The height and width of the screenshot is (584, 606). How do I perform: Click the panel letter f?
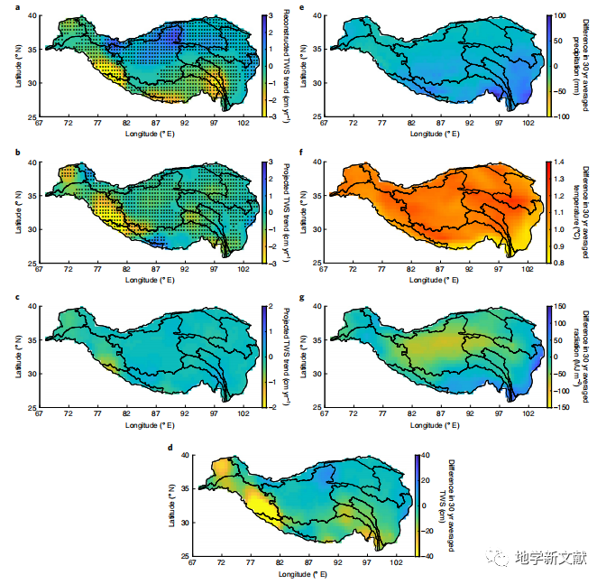302,153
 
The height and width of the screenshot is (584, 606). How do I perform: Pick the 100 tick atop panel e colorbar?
561,16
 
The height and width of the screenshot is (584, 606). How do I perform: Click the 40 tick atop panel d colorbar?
425,456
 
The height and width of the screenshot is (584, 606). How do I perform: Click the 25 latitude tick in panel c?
32,408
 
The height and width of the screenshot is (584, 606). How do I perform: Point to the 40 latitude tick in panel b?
32,162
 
